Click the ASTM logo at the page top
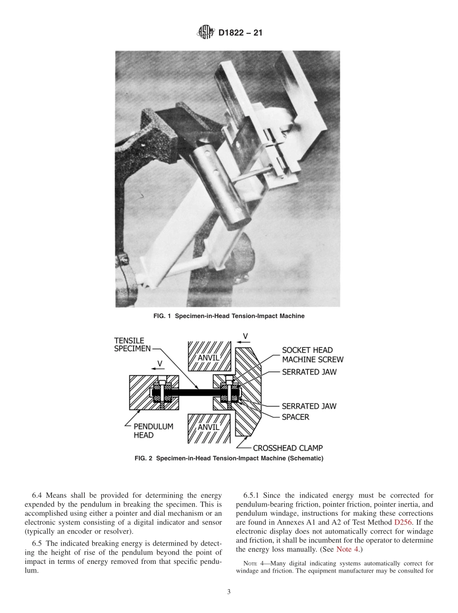click(206, 33)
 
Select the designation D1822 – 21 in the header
click(240, 34)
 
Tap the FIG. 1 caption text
click(229, 316)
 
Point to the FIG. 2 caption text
click(229, 458)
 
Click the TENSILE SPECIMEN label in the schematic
click(132, 345)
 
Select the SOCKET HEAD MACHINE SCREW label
click(312, 355)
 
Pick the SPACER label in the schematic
click(296, 417)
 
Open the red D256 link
click(404, 522)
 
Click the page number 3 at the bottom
click(229, 592)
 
